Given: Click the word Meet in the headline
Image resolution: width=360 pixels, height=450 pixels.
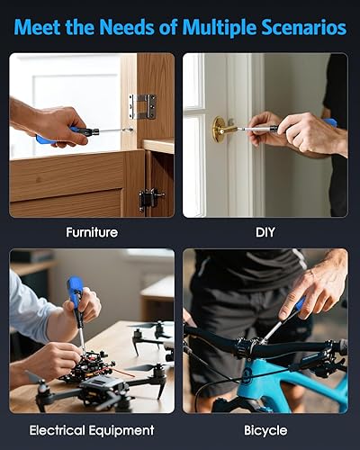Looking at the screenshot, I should click(x=37, y=28).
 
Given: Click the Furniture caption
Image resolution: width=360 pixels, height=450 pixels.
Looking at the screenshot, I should click(x=92, y=232).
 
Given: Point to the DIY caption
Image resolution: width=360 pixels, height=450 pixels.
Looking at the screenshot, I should click(x=265, y=232).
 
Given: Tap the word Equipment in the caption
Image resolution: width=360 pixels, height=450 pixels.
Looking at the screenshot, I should click(x=125, y=430).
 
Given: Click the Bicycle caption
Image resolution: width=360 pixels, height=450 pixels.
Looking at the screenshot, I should click(x=265, y=430).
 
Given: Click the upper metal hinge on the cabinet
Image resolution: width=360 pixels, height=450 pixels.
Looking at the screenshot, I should click(x=142, y=106).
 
